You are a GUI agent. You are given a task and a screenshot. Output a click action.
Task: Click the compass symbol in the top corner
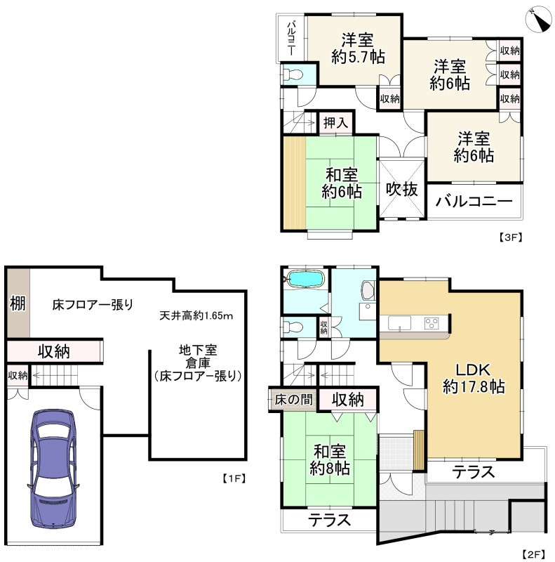[x=540, y=19]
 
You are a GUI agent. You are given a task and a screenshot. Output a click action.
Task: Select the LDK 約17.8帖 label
[x=474, y=377]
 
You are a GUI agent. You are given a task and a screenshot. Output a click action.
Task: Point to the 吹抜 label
[x=402, y=189]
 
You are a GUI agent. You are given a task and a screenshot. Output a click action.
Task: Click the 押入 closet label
[x=335, y=122]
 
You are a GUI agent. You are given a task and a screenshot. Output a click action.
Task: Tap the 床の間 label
[x=293, y=400]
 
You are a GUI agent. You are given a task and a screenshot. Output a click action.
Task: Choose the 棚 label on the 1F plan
[x=18, y=303]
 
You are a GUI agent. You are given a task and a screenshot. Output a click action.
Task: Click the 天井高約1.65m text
[x=196, y=316]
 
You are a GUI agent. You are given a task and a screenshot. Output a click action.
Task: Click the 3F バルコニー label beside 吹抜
[x=474, y=202]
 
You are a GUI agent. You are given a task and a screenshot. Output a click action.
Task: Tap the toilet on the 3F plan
[x=293, y=74]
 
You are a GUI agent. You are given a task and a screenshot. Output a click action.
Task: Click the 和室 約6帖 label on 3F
[x=342, y=182]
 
